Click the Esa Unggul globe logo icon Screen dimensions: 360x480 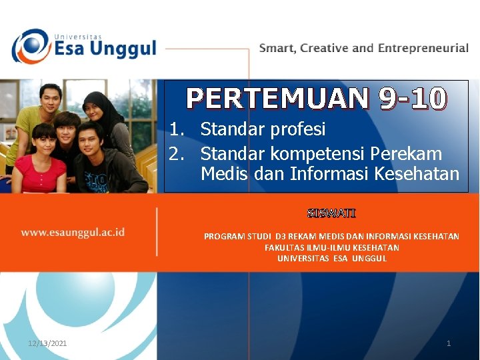30,46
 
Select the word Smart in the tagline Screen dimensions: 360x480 277,48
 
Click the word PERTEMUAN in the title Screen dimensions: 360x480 277,99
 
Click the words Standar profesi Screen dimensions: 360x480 263,129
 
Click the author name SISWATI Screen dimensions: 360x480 331,214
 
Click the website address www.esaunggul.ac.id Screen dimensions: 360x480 73,233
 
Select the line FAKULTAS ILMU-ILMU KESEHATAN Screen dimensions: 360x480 331,247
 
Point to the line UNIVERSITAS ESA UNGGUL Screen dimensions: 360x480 331,258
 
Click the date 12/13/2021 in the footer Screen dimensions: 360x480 47,343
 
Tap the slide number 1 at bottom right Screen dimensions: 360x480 449,343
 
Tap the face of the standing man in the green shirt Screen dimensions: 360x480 49,99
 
